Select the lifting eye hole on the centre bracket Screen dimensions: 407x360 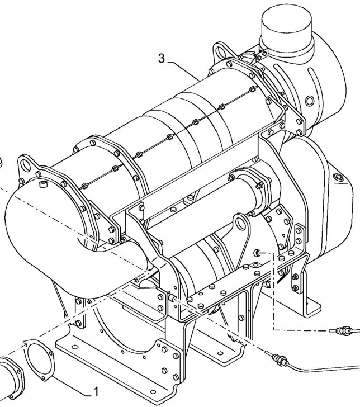(x=241, y=226)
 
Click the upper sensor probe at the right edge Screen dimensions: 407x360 (x=342, y=331)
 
